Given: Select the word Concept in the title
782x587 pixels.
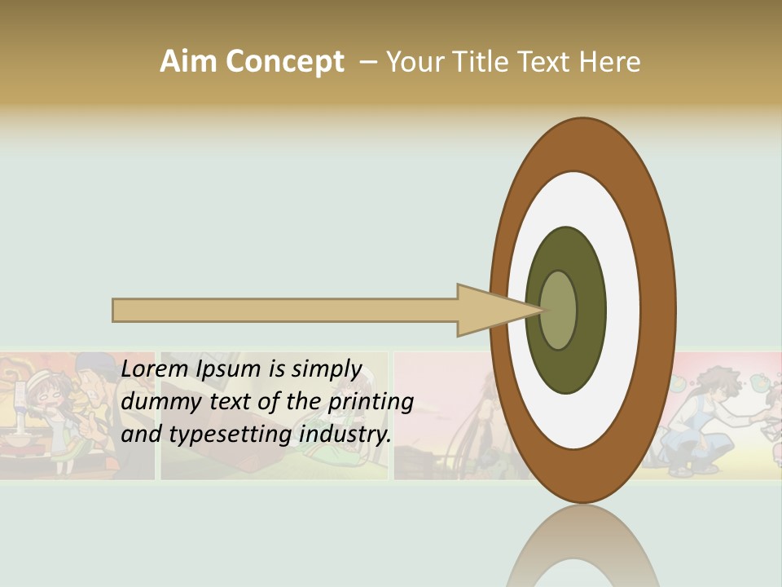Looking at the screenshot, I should click(285, 62).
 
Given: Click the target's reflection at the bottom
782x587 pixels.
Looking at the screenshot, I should click(582, 550).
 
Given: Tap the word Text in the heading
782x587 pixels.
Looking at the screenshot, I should click(547, 61).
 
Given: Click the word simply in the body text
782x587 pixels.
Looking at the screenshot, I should click(325, 369).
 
